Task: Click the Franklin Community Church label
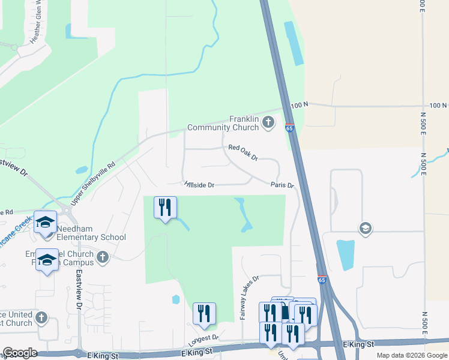point(223,123)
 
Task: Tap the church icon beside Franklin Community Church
point(268,123)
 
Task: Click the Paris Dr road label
point(282,185)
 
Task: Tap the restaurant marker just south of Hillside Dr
point(164,208)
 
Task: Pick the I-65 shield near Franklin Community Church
point(289,128)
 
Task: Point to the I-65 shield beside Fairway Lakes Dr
point(322,280)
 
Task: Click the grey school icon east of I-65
point(364,228)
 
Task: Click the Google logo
point(20,353)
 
